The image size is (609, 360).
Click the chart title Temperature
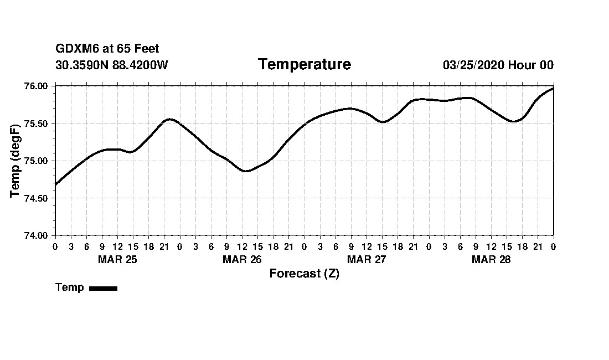pyautogui.click(x=304, y=64)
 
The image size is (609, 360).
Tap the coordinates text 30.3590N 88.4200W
pyautogui.click(x=112, y=65)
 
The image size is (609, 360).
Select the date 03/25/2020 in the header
pyautogui.click(x=473, y=65)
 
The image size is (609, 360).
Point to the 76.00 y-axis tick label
pyautogui.click(x=37, y=86)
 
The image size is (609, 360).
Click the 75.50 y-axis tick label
pyautogui.click(x=37, y=124)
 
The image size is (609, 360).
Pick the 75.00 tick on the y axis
pyautogui.click(x=37, y=161)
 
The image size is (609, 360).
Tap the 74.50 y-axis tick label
pyautogui.click(x=37, y=198)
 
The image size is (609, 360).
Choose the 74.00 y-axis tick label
pyautogui.click(x=37, y=235)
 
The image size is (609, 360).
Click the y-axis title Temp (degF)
pyautogui.click(x=15, y=161)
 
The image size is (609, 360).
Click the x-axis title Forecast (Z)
pyautogui.click(x=304, y=274)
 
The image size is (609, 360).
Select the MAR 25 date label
pyautogui.click(x=117, y=259)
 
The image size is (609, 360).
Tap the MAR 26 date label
pyautogui.click(x=242, y=259)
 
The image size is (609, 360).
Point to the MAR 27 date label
pyautogui.click(x=367, y=259)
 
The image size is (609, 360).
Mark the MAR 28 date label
pyautogui.click(x=491, y=259)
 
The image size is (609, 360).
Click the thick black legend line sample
pyautogui.click(x=103, y=288)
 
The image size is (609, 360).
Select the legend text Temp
pyautogui.click(x=70, y=287)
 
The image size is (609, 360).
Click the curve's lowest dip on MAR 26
pyautogui.click(x=246, y=171)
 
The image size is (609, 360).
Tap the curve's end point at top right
pyautogui.click(x=553, y=89)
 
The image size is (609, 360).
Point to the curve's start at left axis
pyautogui.click(x=55, y=184)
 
